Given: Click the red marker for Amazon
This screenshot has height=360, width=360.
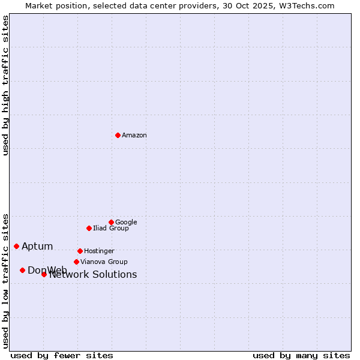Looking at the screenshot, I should (x=118, y=135).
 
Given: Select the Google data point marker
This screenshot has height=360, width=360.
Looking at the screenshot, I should (x=111, y=222).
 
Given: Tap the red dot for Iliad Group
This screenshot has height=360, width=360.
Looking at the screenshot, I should (x=89, y=228).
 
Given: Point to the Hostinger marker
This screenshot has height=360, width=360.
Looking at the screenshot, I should (x=80, y=251).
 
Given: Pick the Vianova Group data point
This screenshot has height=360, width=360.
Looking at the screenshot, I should (x=76, y=262).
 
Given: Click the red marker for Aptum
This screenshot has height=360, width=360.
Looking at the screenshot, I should (x=16, y=246).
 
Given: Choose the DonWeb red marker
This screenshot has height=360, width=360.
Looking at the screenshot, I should (x=22, y=270).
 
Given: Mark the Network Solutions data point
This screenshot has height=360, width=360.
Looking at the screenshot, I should (x=44, y=274).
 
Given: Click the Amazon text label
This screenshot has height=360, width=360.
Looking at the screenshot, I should (x=134, y=136).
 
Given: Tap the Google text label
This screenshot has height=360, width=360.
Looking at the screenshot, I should (x=126, y=223).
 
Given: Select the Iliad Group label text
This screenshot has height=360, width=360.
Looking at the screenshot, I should (x=111, y=229).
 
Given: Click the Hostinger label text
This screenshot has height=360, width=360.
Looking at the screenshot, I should (x=99, y=251).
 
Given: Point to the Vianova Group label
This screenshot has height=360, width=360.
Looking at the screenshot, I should (x=104, y=262).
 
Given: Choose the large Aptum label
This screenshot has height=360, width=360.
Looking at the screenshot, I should (x=37, y=247).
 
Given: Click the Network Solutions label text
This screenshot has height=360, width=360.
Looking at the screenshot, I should (x=93, y=275).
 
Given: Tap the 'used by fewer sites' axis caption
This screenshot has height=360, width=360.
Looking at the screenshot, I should (x=62, y=355).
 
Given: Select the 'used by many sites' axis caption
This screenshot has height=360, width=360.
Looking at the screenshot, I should (x=301, y=355).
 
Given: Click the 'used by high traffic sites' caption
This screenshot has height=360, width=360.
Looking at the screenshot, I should (x=5, y=85).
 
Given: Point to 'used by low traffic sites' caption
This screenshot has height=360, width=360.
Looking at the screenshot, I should (x=5, y=280).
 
